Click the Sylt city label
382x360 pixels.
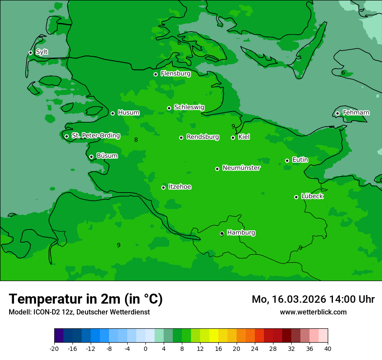(x=42, y=52)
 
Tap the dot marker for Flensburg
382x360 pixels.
(x=155, y=74)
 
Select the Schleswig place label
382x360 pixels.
(x=189, y=107)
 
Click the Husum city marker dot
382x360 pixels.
(x=112, y=113)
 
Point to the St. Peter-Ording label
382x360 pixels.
(x=95, y=136)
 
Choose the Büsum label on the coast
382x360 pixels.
(x=107, y=156)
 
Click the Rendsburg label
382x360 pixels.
(x=202, y=137)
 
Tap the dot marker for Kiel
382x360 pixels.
(x=233, y=137)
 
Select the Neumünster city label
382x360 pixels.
(x=241, y=168)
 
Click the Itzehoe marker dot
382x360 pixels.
(x=163, y=187)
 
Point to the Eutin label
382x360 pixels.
(x=300, y=160)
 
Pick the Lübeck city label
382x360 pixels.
(x=312, y=196)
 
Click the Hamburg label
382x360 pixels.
(x=241, y=232)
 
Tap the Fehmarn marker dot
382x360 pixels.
(x=337, y=113)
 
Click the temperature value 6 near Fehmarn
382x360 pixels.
(x=343, y=72)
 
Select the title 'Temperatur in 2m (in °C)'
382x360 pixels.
(x=86, y=299)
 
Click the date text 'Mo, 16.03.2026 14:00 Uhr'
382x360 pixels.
(x=313, y=299)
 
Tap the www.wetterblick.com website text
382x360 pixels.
(x=313, y=312)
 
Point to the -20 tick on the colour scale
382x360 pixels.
(x=54, y=349)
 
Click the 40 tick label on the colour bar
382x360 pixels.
(x=328, y=349)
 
